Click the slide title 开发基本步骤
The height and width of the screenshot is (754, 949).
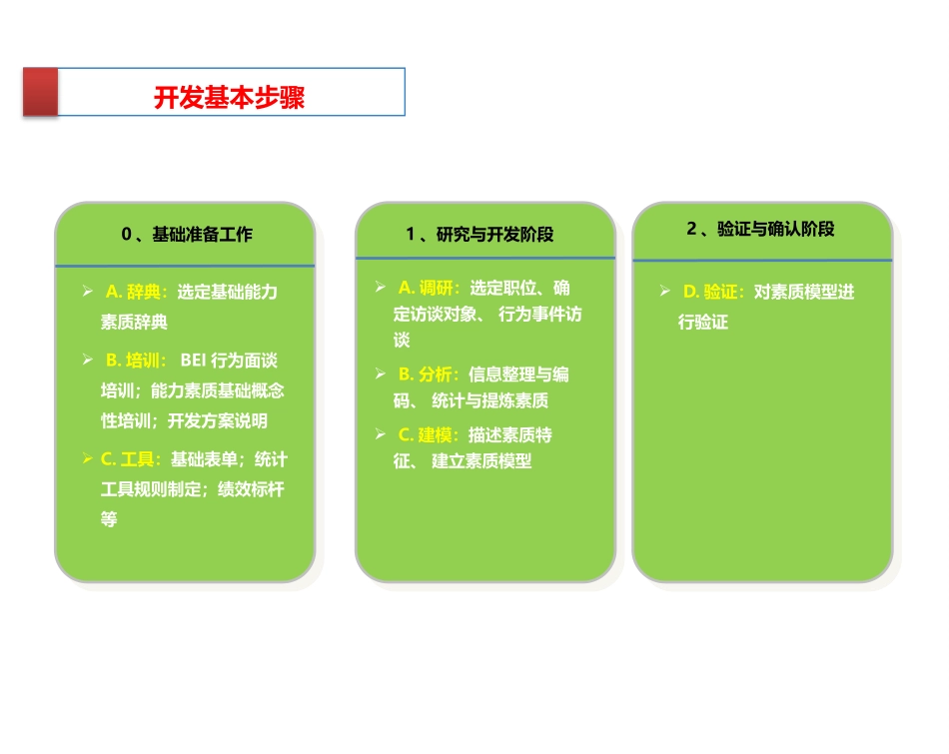(x=229, y=98)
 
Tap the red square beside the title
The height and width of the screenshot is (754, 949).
(x=41, y=93)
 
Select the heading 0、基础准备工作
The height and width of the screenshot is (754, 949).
(x=187, y=235)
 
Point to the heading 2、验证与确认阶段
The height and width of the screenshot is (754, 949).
(x=760, y=229)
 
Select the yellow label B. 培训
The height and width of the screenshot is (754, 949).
(x=136, y=361)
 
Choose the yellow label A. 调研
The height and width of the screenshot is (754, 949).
(x=429, y=288)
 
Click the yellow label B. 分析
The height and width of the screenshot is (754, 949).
(x=429, y=375)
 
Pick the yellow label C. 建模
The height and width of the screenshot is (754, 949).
(x=429, y=435)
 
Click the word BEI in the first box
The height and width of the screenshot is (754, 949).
(x=194, y=361)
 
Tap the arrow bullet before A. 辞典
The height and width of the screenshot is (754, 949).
(x=88, y=292)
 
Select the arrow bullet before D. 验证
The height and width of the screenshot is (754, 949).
(x=664, y=292)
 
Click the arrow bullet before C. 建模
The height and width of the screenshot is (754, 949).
(x=381, y=434)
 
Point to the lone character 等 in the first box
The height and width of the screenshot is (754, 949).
(x=109, y=519)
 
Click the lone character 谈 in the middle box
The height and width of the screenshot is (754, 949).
(x=402, y=341)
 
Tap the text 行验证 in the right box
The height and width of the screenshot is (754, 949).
(x=703, y=323)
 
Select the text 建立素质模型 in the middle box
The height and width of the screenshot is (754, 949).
(x=481, y=461)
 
